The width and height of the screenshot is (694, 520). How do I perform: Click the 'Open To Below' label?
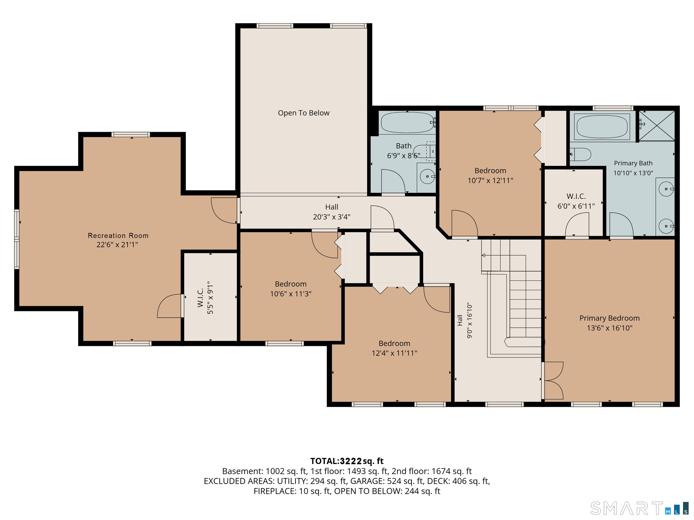(303, 113)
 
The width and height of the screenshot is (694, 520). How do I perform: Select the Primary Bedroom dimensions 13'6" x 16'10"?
(609, 328)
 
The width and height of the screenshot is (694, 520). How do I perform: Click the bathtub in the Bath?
(407, 122)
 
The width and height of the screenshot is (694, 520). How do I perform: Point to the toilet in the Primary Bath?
(580, 154)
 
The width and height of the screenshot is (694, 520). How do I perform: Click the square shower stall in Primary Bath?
(657, 125)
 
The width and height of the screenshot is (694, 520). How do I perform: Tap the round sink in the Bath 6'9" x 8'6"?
(427, 177)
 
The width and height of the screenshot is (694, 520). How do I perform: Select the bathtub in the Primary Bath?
(602, 127)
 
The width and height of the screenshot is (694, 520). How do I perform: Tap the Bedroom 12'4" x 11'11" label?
(394, 348)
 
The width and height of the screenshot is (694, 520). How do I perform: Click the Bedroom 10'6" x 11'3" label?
(291, 289)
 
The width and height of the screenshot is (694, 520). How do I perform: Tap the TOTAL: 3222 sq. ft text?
(347, 461)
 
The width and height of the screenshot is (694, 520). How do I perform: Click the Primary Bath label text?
(633, 163)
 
